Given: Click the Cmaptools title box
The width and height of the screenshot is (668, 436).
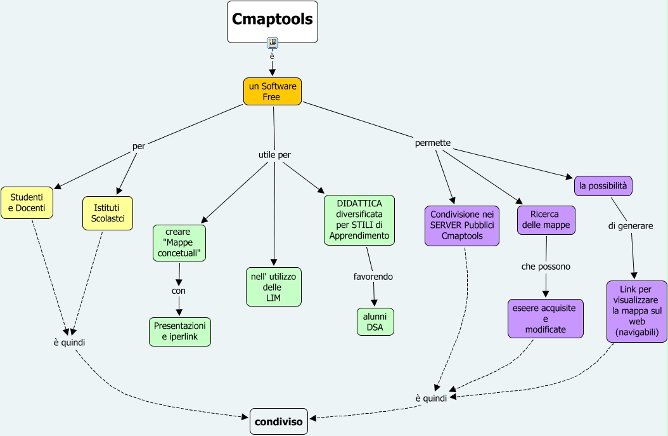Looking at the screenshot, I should (273, 22).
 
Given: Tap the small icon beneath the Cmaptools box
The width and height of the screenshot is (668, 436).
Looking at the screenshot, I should (273, 43).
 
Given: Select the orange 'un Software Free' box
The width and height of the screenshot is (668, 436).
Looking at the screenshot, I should (272, 91).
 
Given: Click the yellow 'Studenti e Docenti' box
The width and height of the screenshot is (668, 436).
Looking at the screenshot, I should (27, 202).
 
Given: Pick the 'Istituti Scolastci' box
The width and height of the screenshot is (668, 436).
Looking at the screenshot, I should (108, 213).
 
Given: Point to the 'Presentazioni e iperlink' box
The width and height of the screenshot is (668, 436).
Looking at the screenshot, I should (180, 332).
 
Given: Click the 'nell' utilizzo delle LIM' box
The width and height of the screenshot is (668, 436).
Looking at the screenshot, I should (273, 286).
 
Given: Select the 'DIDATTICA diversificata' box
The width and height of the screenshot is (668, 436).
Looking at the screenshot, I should (359, 220).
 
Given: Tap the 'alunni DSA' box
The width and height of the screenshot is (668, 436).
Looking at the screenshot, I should (375, 322).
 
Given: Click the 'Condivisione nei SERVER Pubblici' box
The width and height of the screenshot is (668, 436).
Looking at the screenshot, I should (462, 225).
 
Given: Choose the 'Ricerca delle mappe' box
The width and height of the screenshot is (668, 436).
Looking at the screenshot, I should (546, 220).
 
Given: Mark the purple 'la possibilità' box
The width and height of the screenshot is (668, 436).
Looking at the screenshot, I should (603, 185).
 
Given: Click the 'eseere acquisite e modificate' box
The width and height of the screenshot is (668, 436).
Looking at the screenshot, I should (545, 319).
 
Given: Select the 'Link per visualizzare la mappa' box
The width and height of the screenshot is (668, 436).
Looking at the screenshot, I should (636, 311).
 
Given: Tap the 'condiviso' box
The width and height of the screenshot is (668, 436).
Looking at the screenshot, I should (279, 421).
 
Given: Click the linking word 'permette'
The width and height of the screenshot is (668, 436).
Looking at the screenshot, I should (433, 143).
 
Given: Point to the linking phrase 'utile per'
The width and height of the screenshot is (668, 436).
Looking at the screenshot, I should (274, 154).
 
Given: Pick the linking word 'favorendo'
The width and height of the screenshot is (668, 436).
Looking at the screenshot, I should (373, 277).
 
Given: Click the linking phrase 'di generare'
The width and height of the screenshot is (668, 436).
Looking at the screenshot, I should (631, 225).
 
